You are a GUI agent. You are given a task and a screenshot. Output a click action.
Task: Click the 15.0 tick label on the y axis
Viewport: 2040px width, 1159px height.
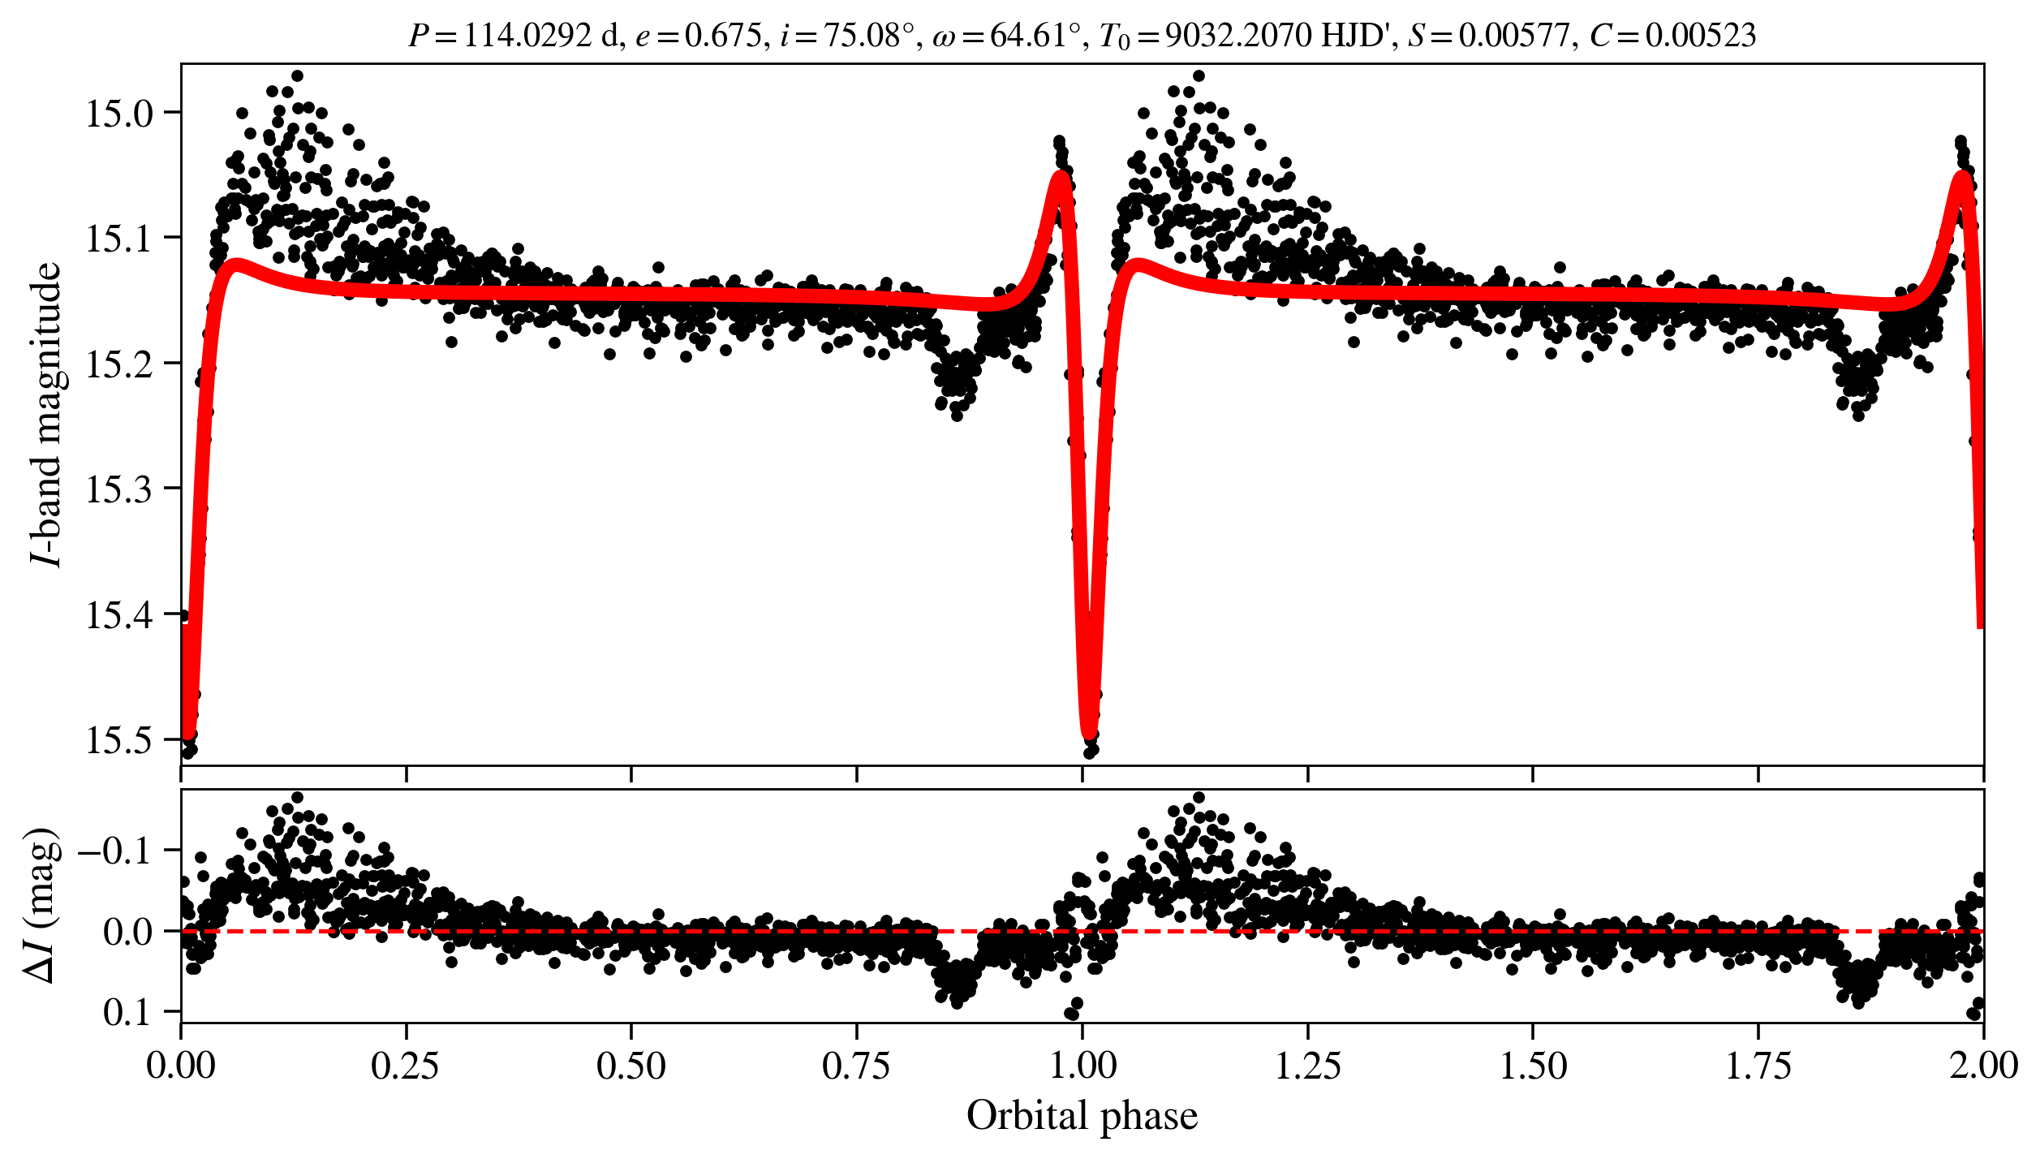pyautogui.click(x=119, y=114)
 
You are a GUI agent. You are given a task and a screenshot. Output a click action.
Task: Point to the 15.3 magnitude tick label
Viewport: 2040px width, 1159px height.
pyautogui.click(x=119, y=489)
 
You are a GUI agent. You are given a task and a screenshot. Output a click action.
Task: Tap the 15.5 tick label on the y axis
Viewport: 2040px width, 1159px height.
pyautogui.click(x=119, y=741)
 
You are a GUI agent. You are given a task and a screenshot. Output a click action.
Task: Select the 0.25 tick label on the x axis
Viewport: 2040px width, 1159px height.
pyautogui.click(x=406, y=1066)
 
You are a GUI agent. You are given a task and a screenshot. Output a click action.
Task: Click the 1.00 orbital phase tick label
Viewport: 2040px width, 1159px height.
pyautogui.click(x=1082, y=1066)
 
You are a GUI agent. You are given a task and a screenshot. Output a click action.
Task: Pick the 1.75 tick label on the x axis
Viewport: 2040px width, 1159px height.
pyautogui.click(x=1758, y=1066)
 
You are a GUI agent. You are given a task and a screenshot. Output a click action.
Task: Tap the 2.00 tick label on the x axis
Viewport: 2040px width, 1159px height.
pyautogui.click(x=1982, y=1066)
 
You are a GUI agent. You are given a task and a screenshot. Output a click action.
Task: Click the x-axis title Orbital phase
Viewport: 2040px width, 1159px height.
pyautogui.click(x=1082, y=1116)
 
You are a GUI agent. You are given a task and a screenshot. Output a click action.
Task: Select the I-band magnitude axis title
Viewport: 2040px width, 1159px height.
pyautogui.click(x=46, y=414)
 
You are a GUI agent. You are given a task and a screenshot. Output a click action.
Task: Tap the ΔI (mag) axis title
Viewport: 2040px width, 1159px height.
pyautogui.click(x=42, y=906)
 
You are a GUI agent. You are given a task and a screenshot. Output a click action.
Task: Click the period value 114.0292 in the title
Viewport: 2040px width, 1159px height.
pyautogui.click(x=527, y=36)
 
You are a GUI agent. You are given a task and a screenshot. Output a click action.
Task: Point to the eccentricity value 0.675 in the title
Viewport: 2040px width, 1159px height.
pyautogui.click(x=725, y=36)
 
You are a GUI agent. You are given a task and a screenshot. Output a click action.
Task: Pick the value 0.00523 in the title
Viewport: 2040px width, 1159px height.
pyautogui.click(x=1700, y=36)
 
